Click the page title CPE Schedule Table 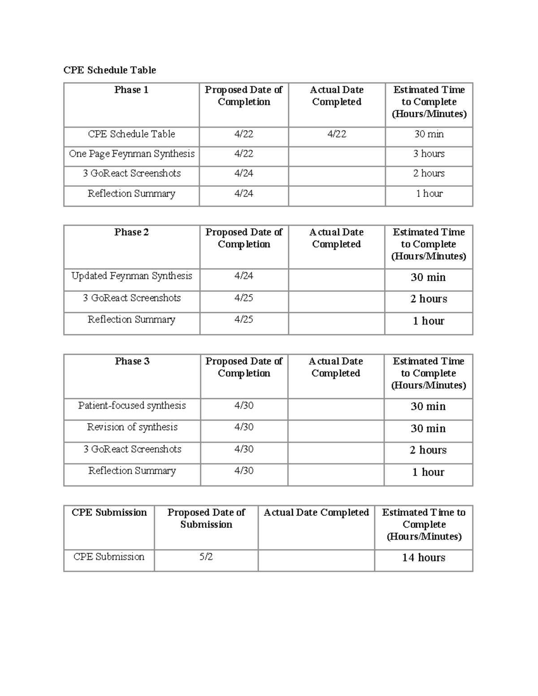click(109, 70)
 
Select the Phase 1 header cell click(131, 90)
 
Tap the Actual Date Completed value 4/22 click(336, 134)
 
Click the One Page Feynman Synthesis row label click(131, 154)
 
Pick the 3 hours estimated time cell click(429, 154)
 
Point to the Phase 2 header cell click(131, 232)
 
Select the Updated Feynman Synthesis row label click(131, 276)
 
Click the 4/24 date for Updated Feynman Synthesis click(243, 276)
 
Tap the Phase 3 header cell click(132, 361)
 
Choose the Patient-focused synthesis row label click(132, 406)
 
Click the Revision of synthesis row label click(132, 427)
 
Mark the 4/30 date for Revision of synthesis click(243, 427)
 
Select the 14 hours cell click(423, 558)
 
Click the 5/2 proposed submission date click(206, 557)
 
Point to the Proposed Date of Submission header click(206, 519)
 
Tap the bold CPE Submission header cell click(109, 513)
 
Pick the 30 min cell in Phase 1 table click(429, 134)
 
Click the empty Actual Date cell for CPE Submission click(316, 560)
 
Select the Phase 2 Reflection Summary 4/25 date click(243, 320)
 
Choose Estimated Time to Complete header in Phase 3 click(428, 373)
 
